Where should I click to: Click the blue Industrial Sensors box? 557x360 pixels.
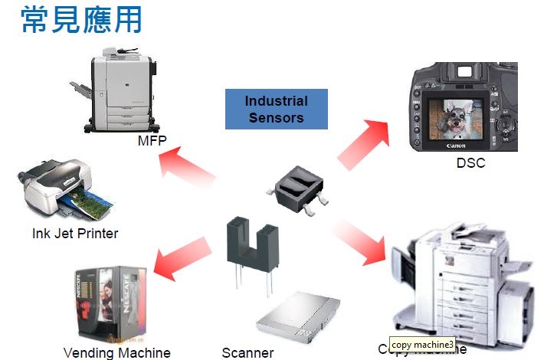276,109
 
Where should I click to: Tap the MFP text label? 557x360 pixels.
152,142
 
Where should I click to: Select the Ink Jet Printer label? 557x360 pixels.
75,233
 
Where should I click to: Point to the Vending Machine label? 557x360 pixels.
116,352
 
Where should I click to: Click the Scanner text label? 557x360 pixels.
247,352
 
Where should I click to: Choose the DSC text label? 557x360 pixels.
470,162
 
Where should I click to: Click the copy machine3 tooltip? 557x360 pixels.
423,345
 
